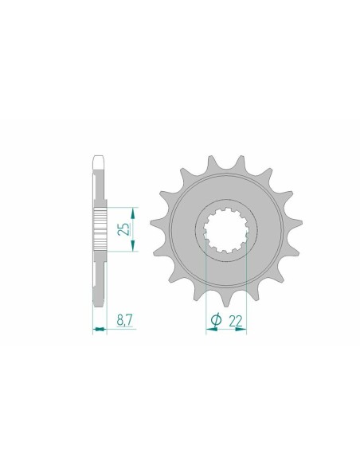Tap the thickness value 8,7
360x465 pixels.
(123, 319)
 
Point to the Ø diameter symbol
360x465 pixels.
(217, 319)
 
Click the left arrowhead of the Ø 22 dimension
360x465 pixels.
(209, 330)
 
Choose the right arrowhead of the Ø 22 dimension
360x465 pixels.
(244, 330)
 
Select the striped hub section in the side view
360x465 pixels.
(100, 230)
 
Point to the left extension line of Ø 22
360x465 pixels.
(206, 287)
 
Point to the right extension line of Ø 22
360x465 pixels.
(246, 287)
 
